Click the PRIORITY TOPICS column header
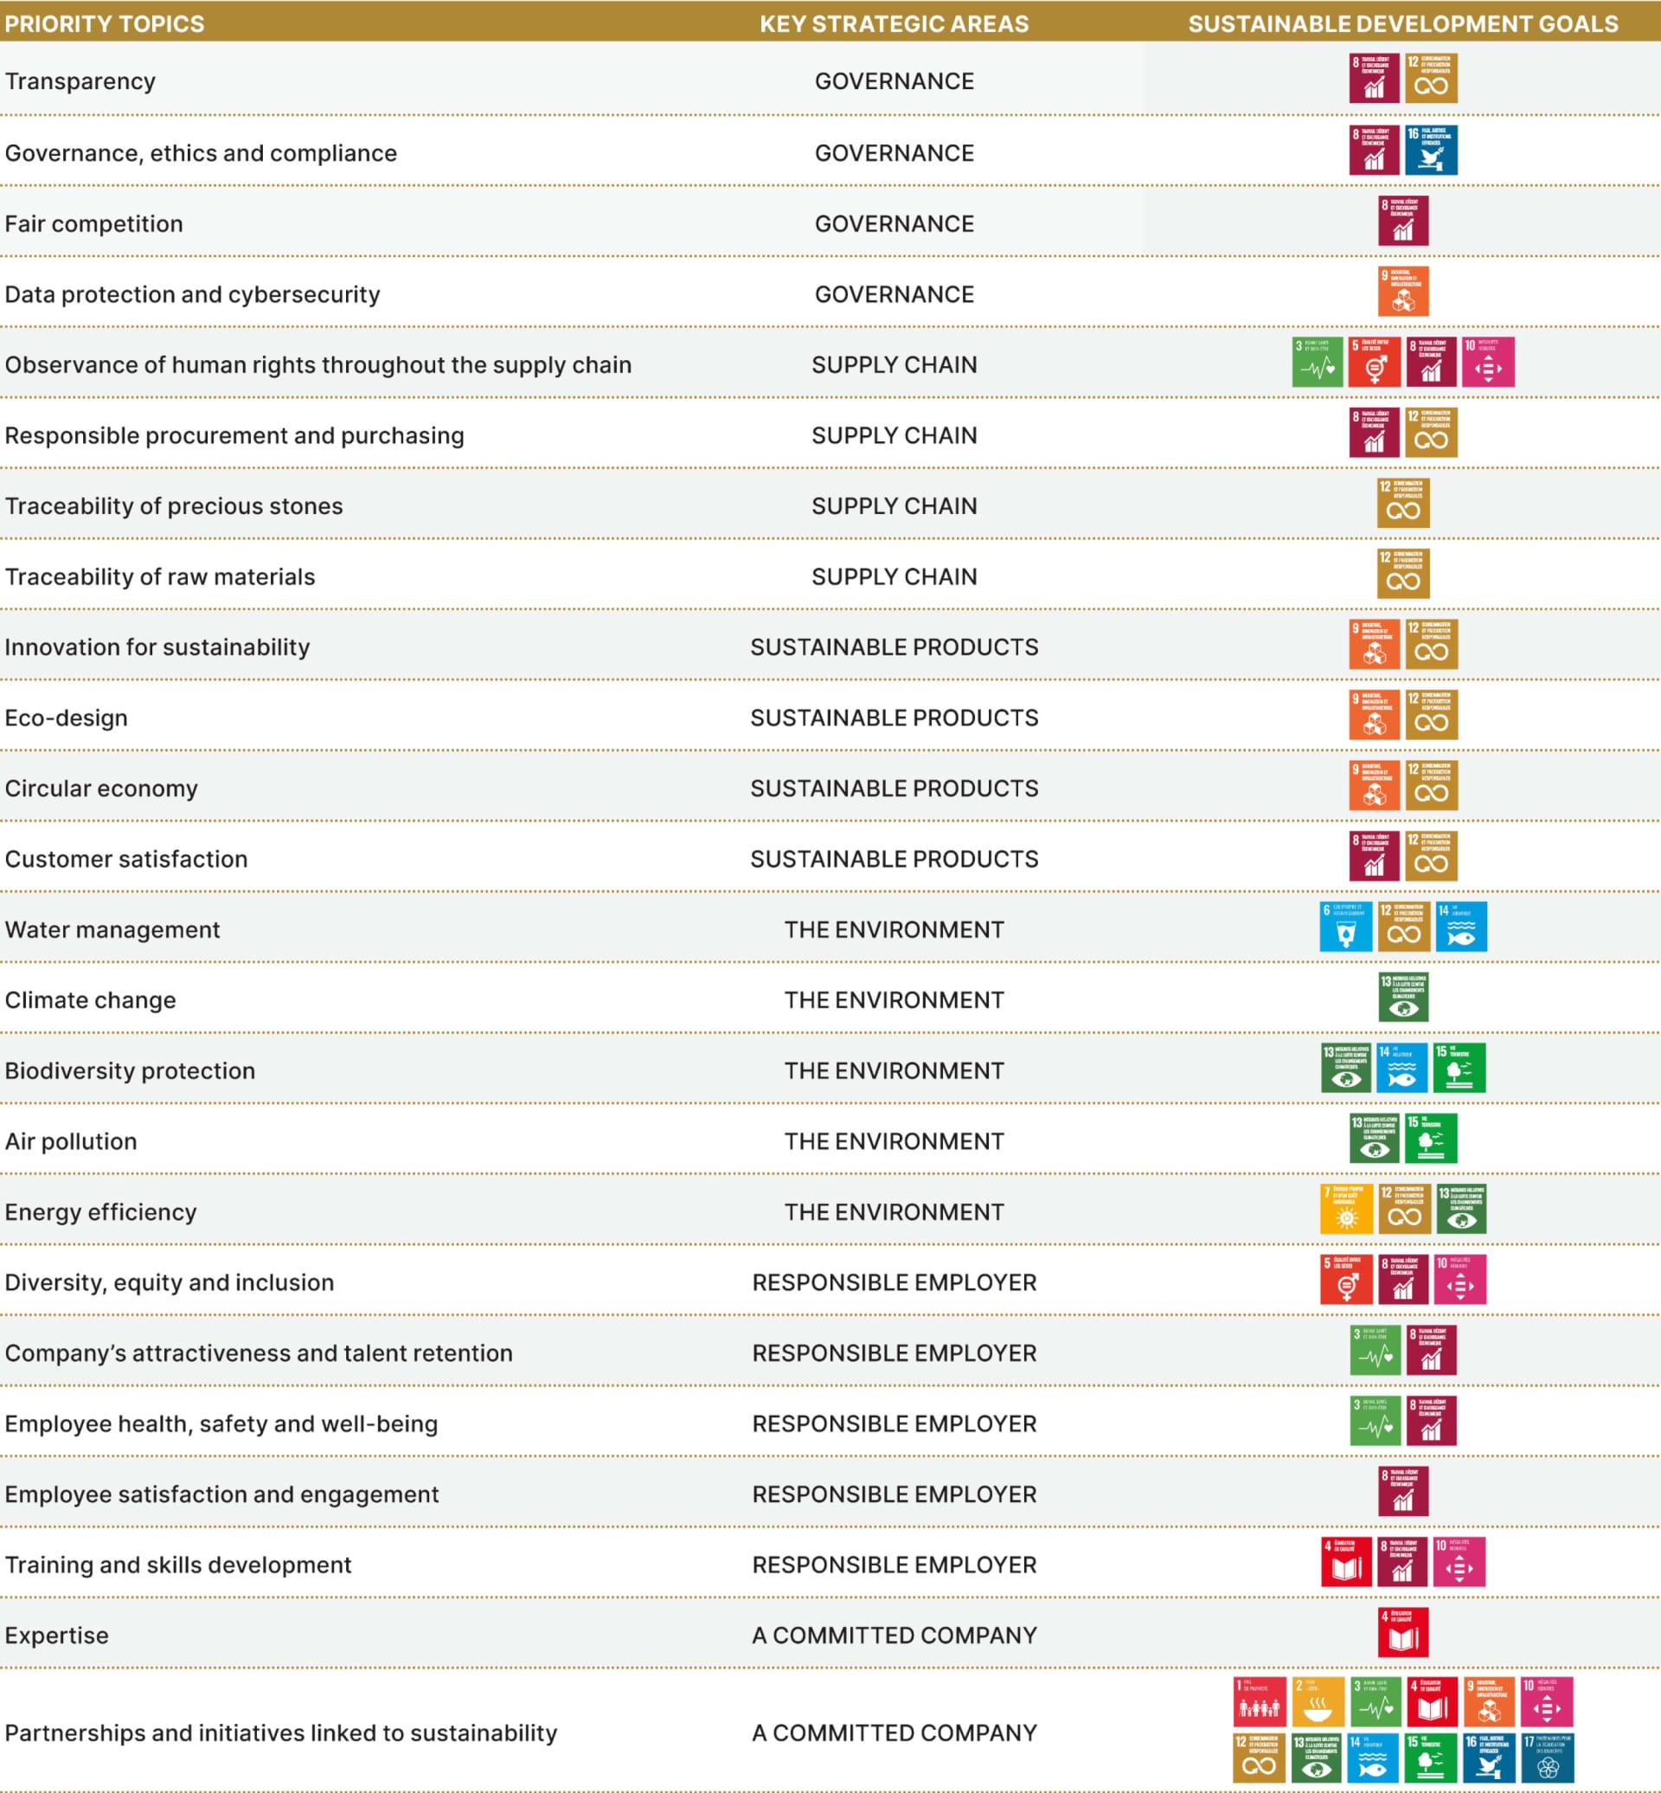(x=105, y=23)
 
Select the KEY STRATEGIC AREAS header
(x=894, y=23)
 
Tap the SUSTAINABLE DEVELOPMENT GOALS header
(x=1402, y=23)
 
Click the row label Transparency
(x=80, y=81)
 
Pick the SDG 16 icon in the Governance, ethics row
(x=1431, y=151)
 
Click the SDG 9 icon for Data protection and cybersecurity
(x=1403, y=292)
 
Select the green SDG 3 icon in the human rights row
(x=1317, y=363)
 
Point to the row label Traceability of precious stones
(x=174, y=506)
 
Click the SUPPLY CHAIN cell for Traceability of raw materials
(x=894, y=576)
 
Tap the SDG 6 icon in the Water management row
(x=1345, y=926)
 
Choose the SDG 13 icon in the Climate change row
(x=1403, y=997)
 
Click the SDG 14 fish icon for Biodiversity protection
(x=1402, y=1067)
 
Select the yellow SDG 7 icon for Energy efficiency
(x=1345, y=1209)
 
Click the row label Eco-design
(x=66, y=717)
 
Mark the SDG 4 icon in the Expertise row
(x=1402, y=1632)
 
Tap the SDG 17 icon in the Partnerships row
(x=1547, y=1758)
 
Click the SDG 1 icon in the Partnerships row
(x=1259, y=1701)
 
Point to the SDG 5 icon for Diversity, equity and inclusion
(x=1345, y=1280)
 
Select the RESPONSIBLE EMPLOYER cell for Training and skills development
(x=894, y=1565)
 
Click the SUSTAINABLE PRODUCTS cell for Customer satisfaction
(x=894, y=858)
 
